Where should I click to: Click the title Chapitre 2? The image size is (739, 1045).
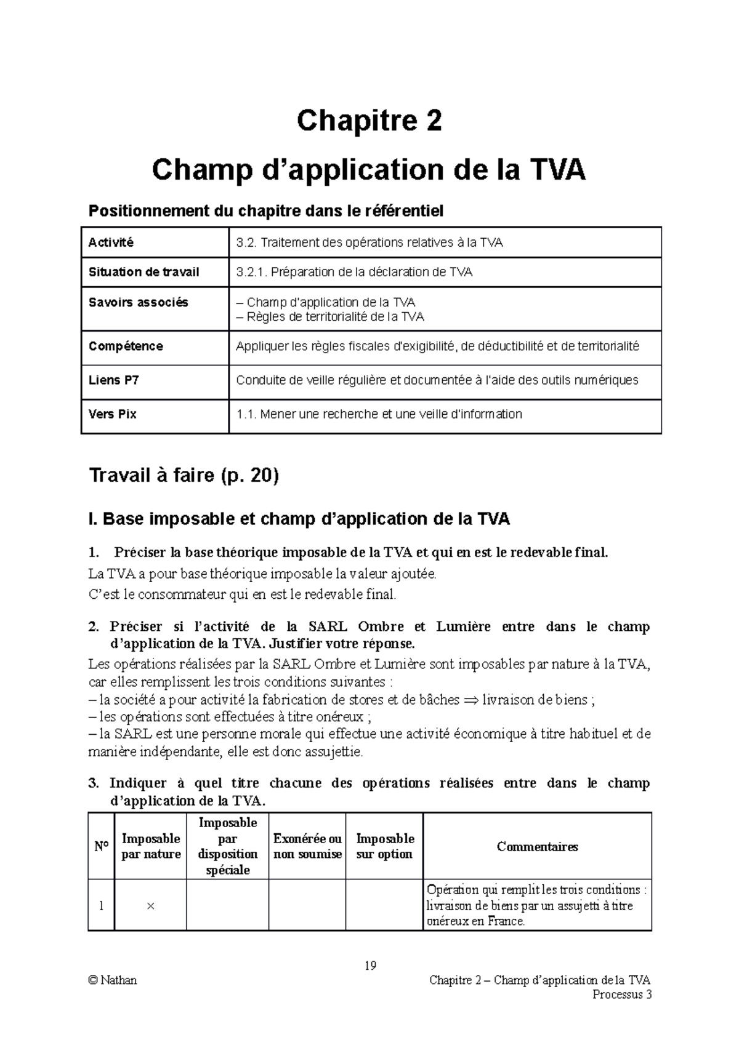[369, 121]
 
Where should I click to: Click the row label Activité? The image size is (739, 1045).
[111, 242]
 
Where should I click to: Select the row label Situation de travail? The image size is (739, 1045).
[143, 272]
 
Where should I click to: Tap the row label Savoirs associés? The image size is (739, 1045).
[138, 302]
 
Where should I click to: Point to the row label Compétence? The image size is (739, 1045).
[126, 346]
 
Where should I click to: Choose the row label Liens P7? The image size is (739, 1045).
[113, 380]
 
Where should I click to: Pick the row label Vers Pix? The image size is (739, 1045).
[112, 414]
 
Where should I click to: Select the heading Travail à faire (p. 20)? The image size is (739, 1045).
[184, 475]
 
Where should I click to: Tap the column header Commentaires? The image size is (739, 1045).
[537, 847]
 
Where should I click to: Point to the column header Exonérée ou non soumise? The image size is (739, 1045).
[307, 847]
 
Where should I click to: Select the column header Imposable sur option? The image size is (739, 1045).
[385, 847]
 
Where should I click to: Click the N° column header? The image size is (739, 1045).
[101, 847]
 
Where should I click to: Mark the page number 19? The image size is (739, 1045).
[370, 965]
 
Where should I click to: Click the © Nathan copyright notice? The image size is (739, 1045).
[113, 980]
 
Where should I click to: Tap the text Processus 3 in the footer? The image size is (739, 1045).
[621, 995]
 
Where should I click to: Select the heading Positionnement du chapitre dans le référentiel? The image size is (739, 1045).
[266, 211]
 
